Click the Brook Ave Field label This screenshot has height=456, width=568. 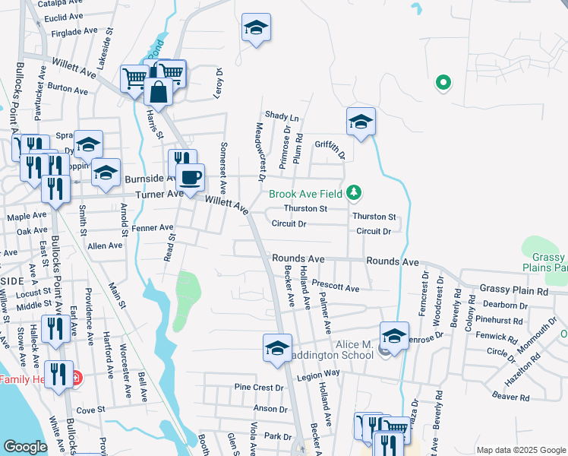306,194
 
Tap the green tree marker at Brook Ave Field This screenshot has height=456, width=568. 353,193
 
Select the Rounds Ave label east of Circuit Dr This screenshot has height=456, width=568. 392,261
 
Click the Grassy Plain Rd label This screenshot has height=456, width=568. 513,290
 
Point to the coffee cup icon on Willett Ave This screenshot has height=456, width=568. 190,177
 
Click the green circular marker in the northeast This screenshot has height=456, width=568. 442,83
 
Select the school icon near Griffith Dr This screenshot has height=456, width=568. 361,121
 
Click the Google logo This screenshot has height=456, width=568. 25,447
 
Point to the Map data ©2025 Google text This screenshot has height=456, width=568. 520,450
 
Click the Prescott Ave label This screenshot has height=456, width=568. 336,288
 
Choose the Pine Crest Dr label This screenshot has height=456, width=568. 258,387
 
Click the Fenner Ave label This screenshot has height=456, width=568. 152,227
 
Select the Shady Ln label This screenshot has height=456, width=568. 282,117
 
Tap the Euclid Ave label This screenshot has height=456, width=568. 63,16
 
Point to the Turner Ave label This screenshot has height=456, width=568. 159,195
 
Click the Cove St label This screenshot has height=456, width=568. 90,410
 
